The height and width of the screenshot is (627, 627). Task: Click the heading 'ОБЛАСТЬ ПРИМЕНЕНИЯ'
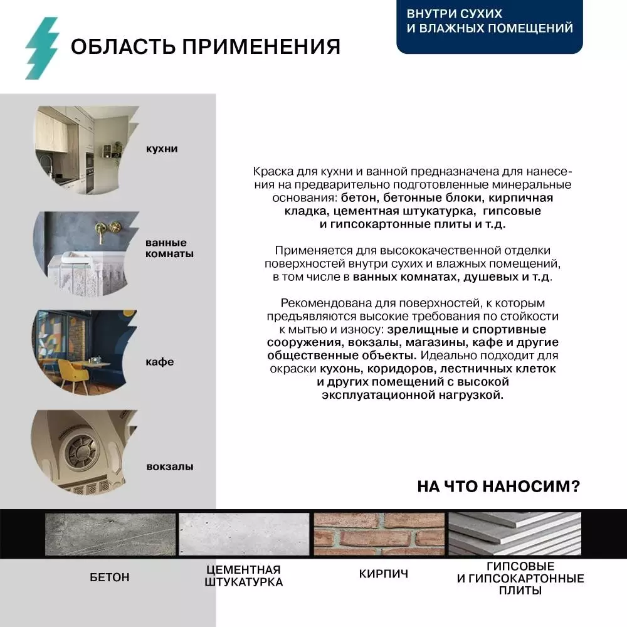(205, 47)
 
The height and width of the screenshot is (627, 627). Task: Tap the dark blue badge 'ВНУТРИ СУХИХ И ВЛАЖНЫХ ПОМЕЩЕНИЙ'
(489, 21)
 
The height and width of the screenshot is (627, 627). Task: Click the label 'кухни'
(161, 149)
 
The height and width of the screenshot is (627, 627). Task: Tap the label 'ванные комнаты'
(169, 248)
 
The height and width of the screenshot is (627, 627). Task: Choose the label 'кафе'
(159, 362)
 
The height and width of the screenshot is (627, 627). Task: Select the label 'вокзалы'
(169, 466)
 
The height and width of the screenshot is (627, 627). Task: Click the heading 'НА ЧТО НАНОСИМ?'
(498, 487)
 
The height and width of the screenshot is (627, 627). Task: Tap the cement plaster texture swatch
(244, 534)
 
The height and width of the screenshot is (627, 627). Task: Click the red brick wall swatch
(379, 534)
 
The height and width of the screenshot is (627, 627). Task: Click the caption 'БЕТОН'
(110, 577)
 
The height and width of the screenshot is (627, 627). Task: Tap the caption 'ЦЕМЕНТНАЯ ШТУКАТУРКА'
(244, 576)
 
